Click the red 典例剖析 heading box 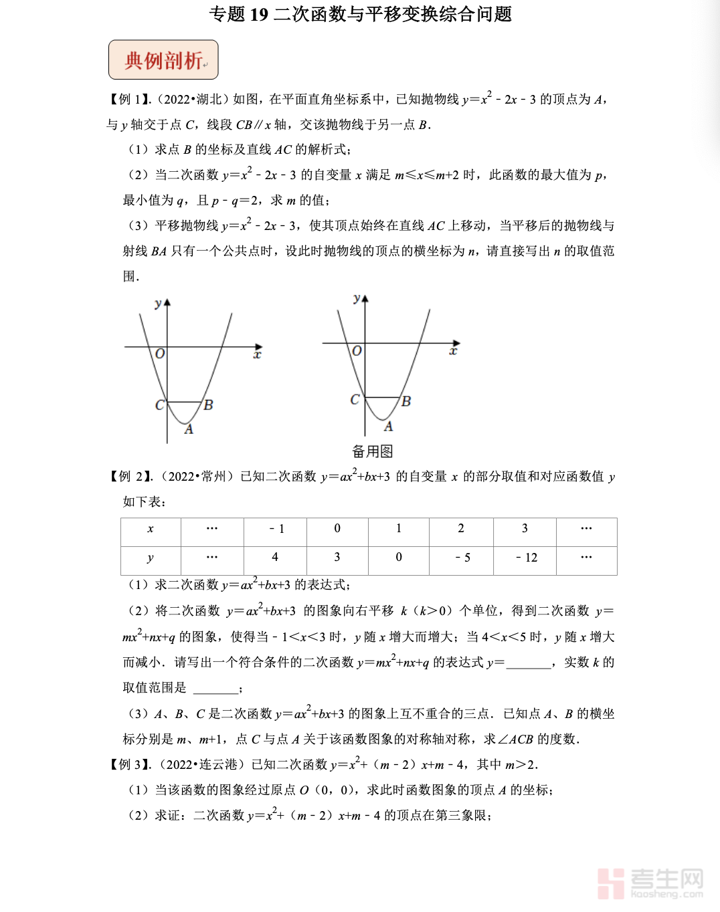point(163,60)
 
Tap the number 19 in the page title point(258,14)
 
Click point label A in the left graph point(189,429)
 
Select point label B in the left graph point(208,405)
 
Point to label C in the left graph point(159,405)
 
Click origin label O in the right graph point(357,351)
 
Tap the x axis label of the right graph point(453,351)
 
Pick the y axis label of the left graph point(158,304)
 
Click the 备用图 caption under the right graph point(372,451)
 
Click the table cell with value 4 point(275,557)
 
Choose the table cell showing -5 point(462,558)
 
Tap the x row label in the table point(151,529)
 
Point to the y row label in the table point(151,558)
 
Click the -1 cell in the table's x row point(276,529)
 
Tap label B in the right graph point(406,401)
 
